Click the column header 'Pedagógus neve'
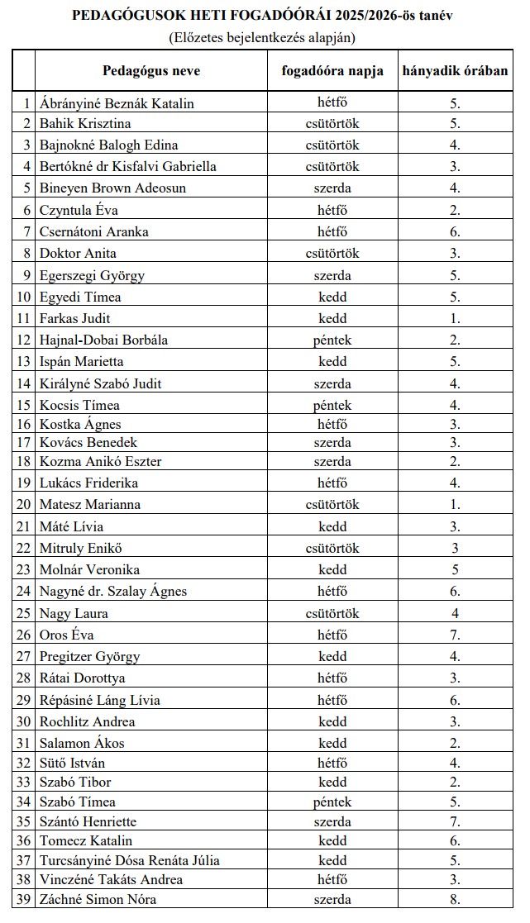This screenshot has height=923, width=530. point(151,70)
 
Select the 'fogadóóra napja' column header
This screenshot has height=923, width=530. point(332,70)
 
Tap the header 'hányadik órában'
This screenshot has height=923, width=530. point(455,70)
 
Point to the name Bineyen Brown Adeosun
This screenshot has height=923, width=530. point(113,188)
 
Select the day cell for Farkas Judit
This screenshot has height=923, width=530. point(332,318)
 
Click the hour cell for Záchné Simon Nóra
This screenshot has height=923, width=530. point(455,899)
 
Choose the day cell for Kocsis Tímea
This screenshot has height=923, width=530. point(332,405)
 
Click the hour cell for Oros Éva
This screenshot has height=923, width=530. point(455,635)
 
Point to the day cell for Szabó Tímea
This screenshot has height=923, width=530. point(332,802)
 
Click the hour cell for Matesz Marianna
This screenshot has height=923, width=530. point(455,504)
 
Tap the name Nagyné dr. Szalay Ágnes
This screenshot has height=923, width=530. point(113,591)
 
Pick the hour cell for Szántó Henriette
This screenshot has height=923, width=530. point(455,821)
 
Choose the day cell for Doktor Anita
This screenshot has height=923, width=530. point(332,253)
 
